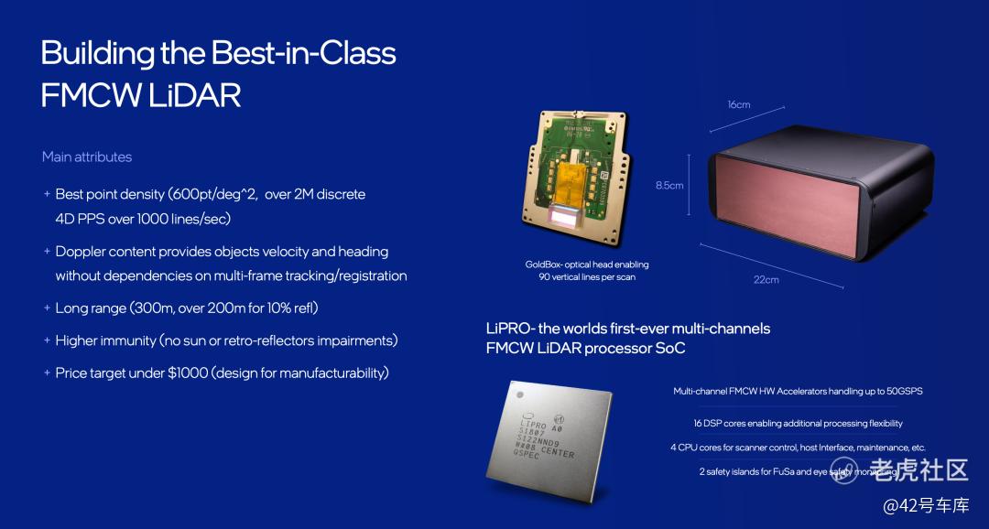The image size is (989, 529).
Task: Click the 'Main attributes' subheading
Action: pyautogui.click(x=87, y=157)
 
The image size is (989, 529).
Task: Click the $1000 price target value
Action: pyautogui.click(x=188, y=372)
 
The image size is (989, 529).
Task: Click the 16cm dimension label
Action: pyautogui.click(x=739, y=104)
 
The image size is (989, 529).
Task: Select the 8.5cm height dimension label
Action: pyautogui.click(x=669, y=186)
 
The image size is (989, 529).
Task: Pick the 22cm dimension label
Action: pyautogui.click(x=766, y=279)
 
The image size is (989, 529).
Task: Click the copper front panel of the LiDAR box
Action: pyautogui.click(x=786, y=204)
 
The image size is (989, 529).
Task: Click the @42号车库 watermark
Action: pyautogui.click(x=925, y=505)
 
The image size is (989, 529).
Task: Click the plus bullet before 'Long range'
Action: pyautogui.click(x=47, y=308)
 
